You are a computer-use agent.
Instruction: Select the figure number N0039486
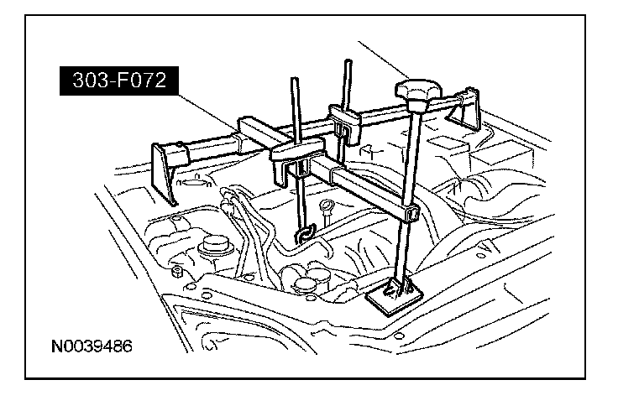92,346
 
